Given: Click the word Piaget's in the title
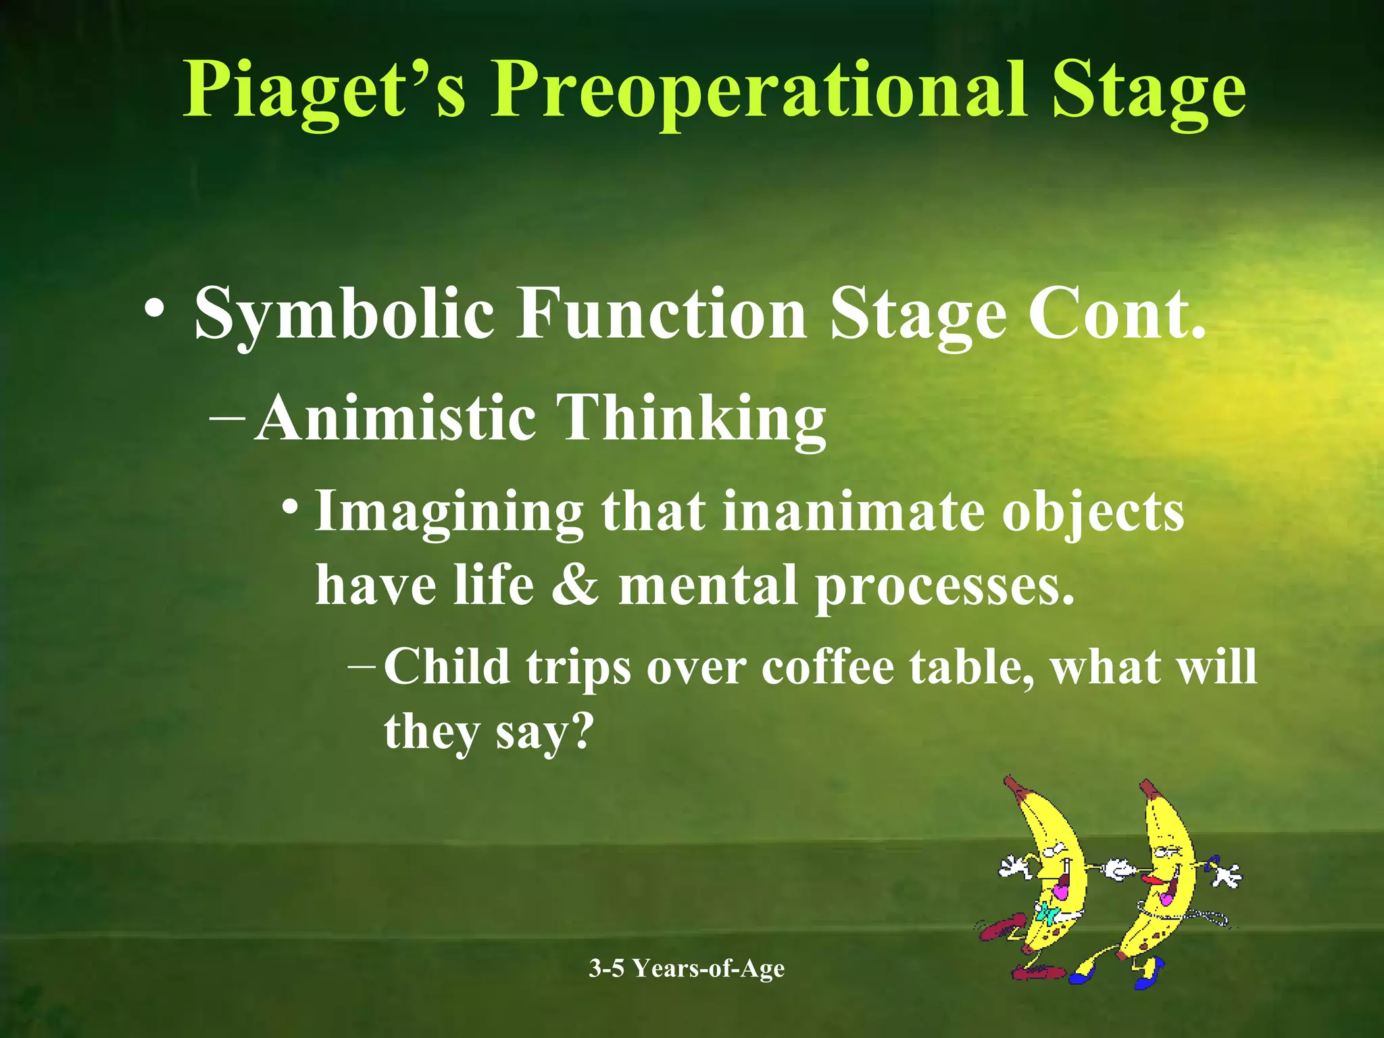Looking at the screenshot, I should pos(324,91).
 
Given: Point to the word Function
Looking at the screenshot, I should pos(662,314).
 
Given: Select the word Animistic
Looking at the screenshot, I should pos(395,419).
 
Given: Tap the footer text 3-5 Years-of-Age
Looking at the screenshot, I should pos(687,968).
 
